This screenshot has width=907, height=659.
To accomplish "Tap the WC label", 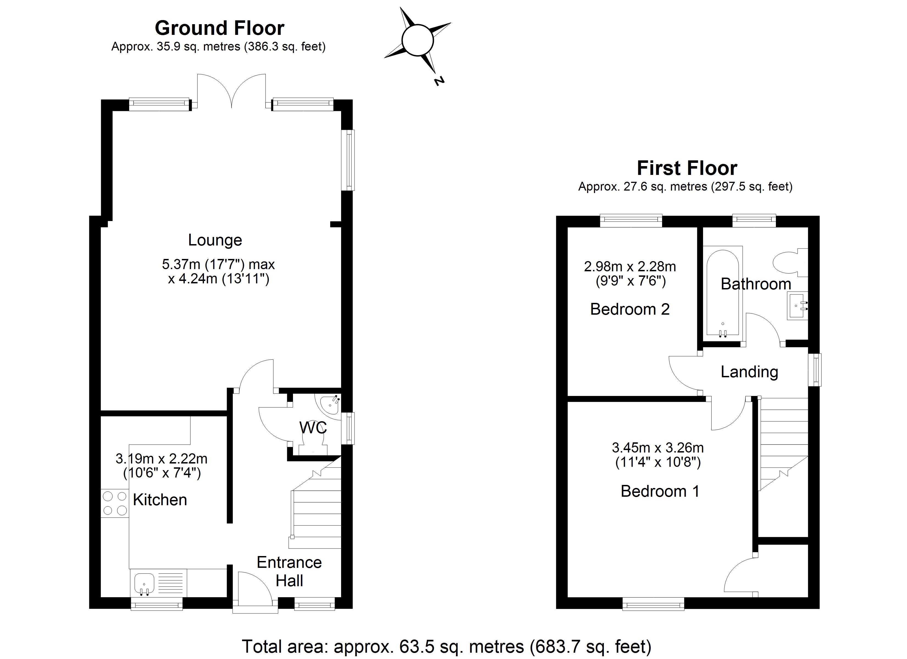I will point(313,428).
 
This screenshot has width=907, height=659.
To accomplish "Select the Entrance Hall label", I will point(289,571).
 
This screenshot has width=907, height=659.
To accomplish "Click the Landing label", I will point(749,372).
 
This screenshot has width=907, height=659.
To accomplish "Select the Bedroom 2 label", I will point(629,309).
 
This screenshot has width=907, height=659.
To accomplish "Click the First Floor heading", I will point(687,168).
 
